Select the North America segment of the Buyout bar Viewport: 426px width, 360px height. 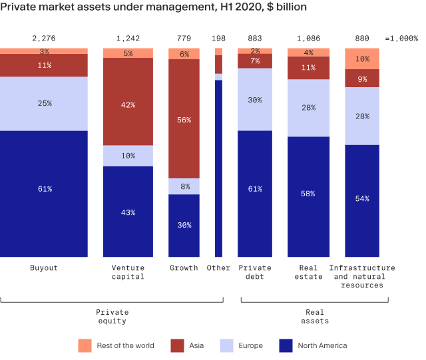coord(44,193)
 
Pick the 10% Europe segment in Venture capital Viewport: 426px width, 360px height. coord(128,156)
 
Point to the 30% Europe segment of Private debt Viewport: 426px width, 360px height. coord(254,99)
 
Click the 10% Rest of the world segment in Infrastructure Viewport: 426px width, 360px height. coord(362,59)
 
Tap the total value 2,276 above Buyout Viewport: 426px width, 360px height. coord(44,39)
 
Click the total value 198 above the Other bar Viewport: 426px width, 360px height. coord(218,39)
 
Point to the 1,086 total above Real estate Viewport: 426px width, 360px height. coord(309,39)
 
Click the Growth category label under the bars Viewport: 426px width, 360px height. coord(184,268)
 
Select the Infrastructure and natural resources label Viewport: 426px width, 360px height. coord(362,276)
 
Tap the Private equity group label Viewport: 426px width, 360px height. coord(112,316)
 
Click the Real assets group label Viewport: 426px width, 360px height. coord(314,316)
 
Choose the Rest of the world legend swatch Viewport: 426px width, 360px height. coord(85,345)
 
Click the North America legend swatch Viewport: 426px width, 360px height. coord(286,345)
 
